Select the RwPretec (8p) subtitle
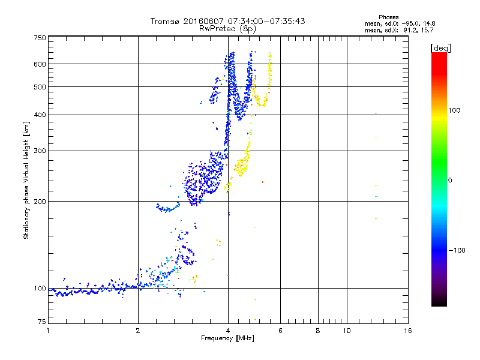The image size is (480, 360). [x=227, y=28]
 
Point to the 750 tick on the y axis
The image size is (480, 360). [x=40, y=37]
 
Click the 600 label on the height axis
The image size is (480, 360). [x=40, y=64]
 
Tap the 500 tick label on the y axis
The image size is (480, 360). [x=40, y=87]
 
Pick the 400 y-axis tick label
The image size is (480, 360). [x=40, y=115]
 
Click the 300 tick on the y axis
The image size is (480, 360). [x=40, y=151]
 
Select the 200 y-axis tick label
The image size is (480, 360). [x=40, y=201]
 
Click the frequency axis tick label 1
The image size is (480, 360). [x=48, y=331]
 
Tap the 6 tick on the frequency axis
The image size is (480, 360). [x=280, y=331]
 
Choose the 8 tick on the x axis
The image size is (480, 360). [x=318, y=331]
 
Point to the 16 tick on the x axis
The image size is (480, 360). [x=407, y=331]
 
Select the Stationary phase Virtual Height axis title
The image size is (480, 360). [x=27, y=180]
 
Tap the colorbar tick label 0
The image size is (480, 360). [x=449, y=180]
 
